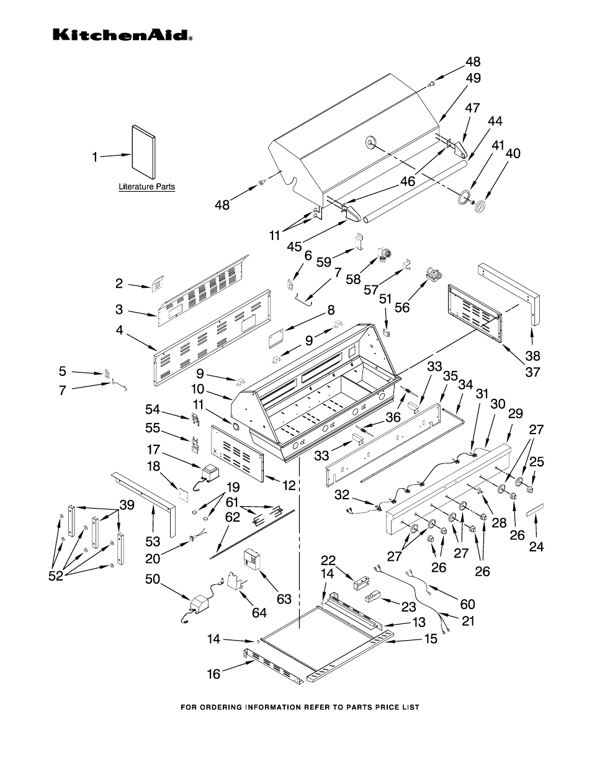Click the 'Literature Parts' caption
(x=147, y=187)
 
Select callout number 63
(x=284, y=599)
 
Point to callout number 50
(x=152, y=580)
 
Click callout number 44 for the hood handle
(x=495, y=122)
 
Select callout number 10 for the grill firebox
(x=198, y=389)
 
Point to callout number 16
(x=213, y=674)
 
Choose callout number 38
(x=532, y=356)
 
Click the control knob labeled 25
(x=530, y=489)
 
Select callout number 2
(x=119, y=283)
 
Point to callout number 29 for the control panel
(x=515, y=413)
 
